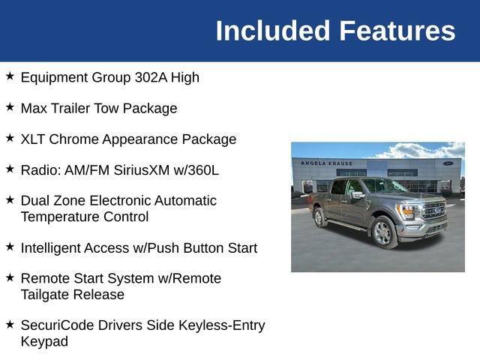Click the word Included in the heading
[x=272, y=31]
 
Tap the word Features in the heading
[x=397, y=31]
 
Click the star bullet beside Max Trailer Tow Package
[x=10, y=107]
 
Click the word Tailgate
[x=48, y=295]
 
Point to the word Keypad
[x=44, y=342]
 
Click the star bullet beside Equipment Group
[x=10, y=76]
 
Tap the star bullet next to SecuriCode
[x=10, y=325]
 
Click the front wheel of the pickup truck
[x=383, y=232]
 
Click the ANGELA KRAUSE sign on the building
[x=325, y=163]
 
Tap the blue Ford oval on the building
[x=448, y=163]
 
